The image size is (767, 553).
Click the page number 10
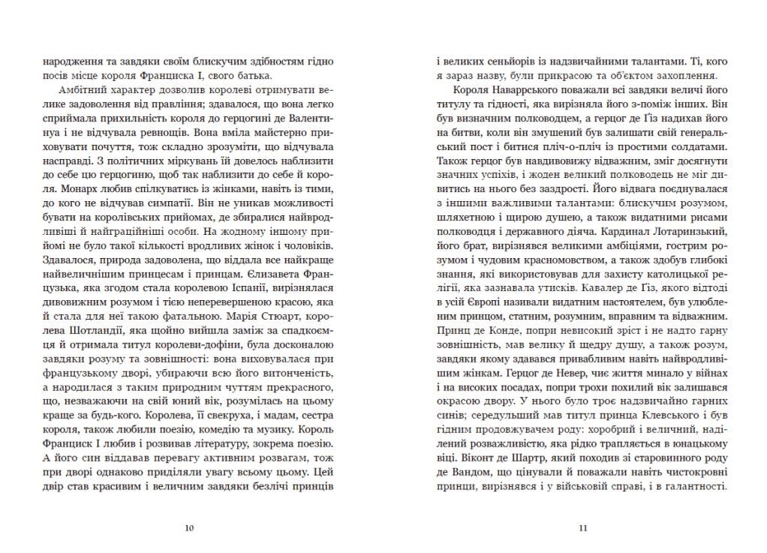(x=189, y=527)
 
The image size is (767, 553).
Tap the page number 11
(x=582, y=527)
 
